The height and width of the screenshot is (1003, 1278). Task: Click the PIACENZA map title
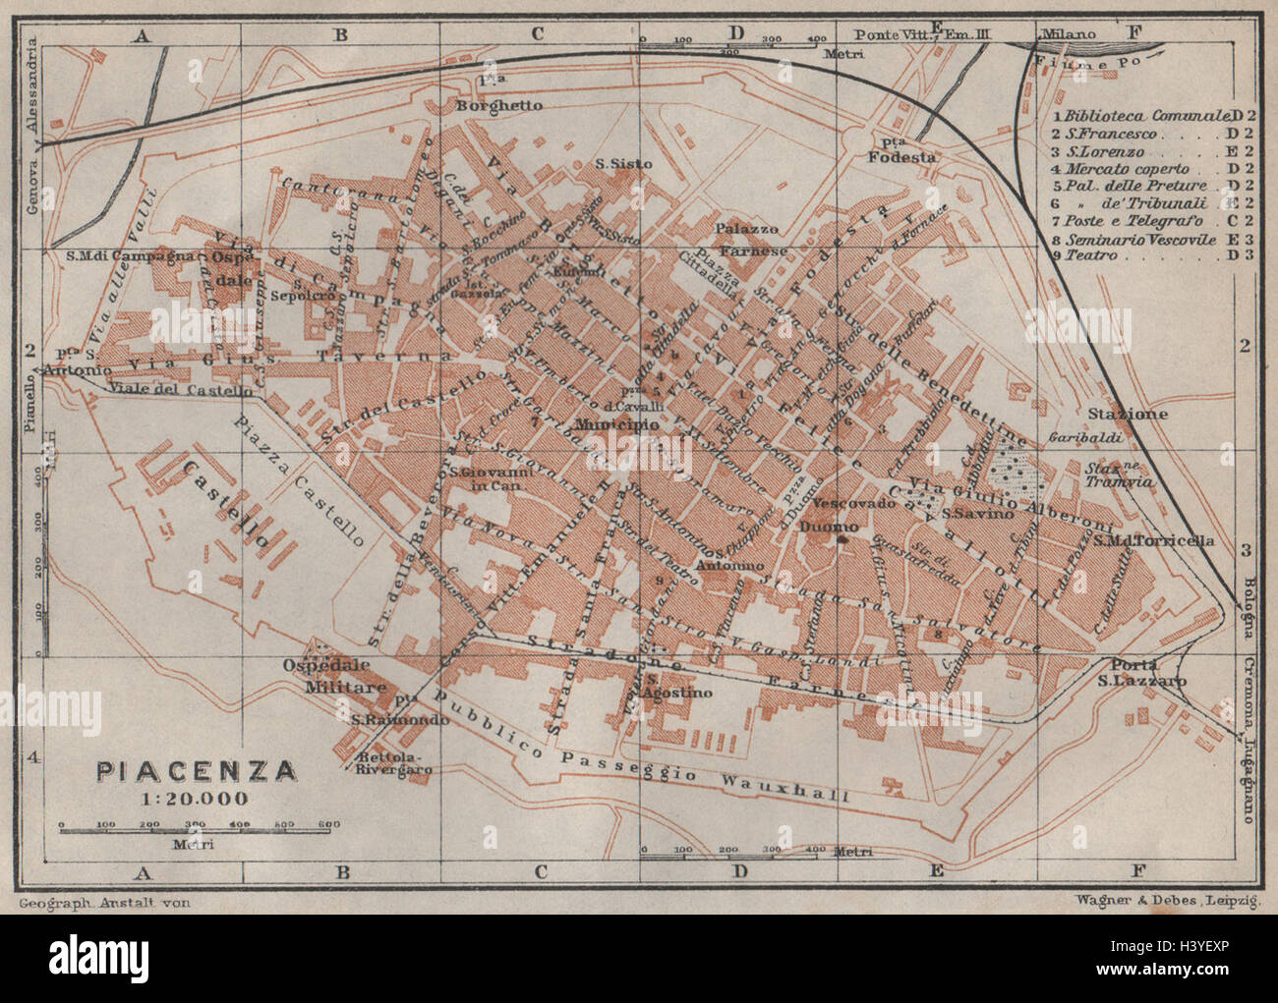(196, 769)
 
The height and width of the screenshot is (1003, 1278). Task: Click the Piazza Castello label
(300, 479)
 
